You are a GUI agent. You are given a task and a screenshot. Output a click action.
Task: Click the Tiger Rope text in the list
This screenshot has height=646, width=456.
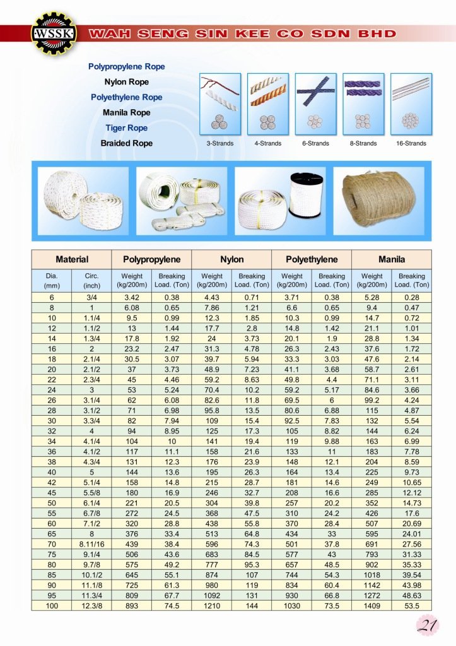(x=127, y=128)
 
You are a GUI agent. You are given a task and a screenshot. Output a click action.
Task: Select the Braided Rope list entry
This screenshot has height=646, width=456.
(x=127, y=143)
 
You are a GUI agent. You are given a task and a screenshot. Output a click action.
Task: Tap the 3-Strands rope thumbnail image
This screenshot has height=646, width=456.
(x=220, y=104)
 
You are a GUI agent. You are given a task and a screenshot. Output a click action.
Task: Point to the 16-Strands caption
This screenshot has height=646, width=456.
(x=411, y=143)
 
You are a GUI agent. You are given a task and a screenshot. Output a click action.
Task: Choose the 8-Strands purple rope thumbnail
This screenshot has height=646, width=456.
(x=363, y=104)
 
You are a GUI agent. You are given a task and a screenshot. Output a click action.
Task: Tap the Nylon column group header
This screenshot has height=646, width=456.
(x=231, y=259)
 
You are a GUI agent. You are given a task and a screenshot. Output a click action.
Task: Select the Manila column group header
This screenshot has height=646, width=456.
(x=392, y=259)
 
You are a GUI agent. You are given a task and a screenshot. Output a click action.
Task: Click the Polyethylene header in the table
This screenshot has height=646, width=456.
(x=312, y=259)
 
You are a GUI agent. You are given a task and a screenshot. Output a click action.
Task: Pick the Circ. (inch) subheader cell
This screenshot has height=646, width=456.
(x=91, y=280)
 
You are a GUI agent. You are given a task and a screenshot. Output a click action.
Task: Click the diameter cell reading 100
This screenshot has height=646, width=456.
(x=52, y=606)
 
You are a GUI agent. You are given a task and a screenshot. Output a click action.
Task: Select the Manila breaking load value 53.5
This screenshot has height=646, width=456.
(x=411, y=606)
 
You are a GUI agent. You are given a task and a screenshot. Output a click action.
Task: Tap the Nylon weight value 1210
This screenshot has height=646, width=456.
(x=212, y=606)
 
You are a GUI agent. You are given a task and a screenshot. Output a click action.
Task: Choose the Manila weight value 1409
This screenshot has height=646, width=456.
(x=371, y=606)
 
